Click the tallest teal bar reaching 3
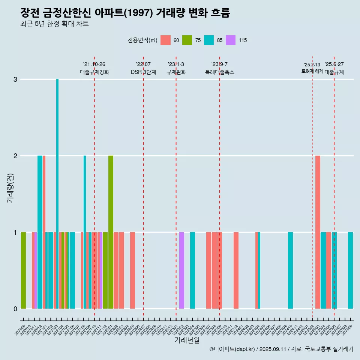[57, 187]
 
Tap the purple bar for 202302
[181, 270]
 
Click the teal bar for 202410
[290, 270]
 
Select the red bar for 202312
[236, 270]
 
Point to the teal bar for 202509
[350, 270]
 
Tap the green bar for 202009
[23, 270]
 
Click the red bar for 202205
[132, 270]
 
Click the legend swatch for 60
[165, 40]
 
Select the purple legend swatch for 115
[231, 40]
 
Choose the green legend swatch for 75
[187, 40]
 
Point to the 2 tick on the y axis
[15, 156]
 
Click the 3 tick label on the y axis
[15, 79]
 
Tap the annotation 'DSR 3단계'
[143, 72]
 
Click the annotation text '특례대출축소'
[219, 72]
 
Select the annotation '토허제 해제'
[312, 71]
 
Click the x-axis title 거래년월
[187, 340]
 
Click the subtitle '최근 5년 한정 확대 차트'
[54, 24]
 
